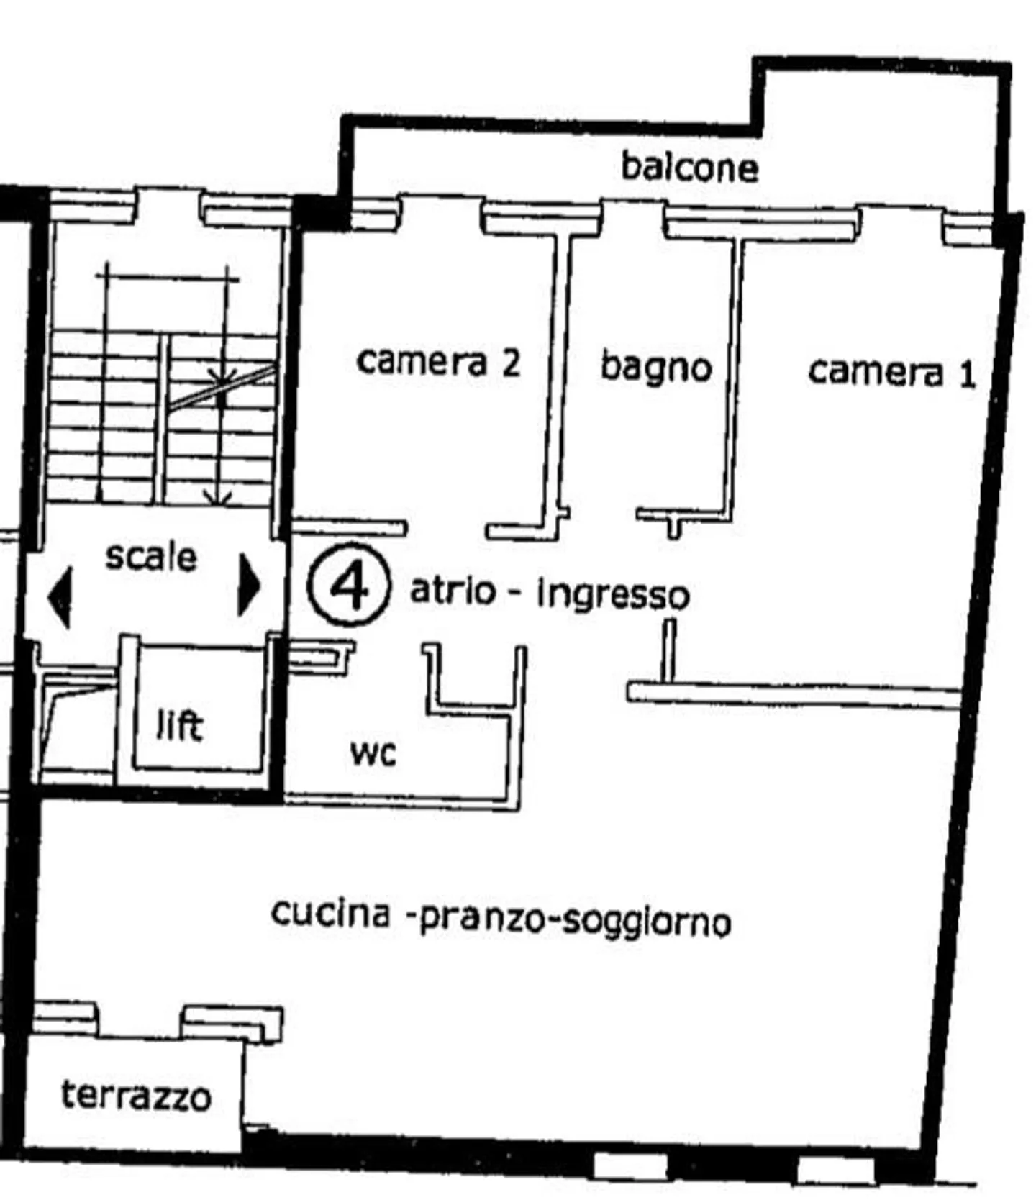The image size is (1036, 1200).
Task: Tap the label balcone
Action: click(689, 167)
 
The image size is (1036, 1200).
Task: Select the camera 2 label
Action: click(437, 361)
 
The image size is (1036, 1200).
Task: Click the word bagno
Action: click(655, 368)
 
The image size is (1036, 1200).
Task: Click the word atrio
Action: click(453, 591)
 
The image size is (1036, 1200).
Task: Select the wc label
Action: click(373, 753)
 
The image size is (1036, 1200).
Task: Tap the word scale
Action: click(150, 557)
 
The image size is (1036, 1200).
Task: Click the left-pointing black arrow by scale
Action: click(60, 597)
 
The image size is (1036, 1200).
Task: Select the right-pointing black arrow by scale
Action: click(248, 584)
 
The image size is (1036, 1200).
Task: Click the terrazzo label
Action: click(136, 1096)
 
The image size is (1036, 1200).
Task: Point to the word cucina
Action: click(331, 914)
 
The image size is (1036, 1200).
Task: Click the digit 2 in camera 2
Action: click(510, 362)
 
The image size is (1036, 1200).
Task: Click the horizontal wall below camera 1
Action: click(791, 694)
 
